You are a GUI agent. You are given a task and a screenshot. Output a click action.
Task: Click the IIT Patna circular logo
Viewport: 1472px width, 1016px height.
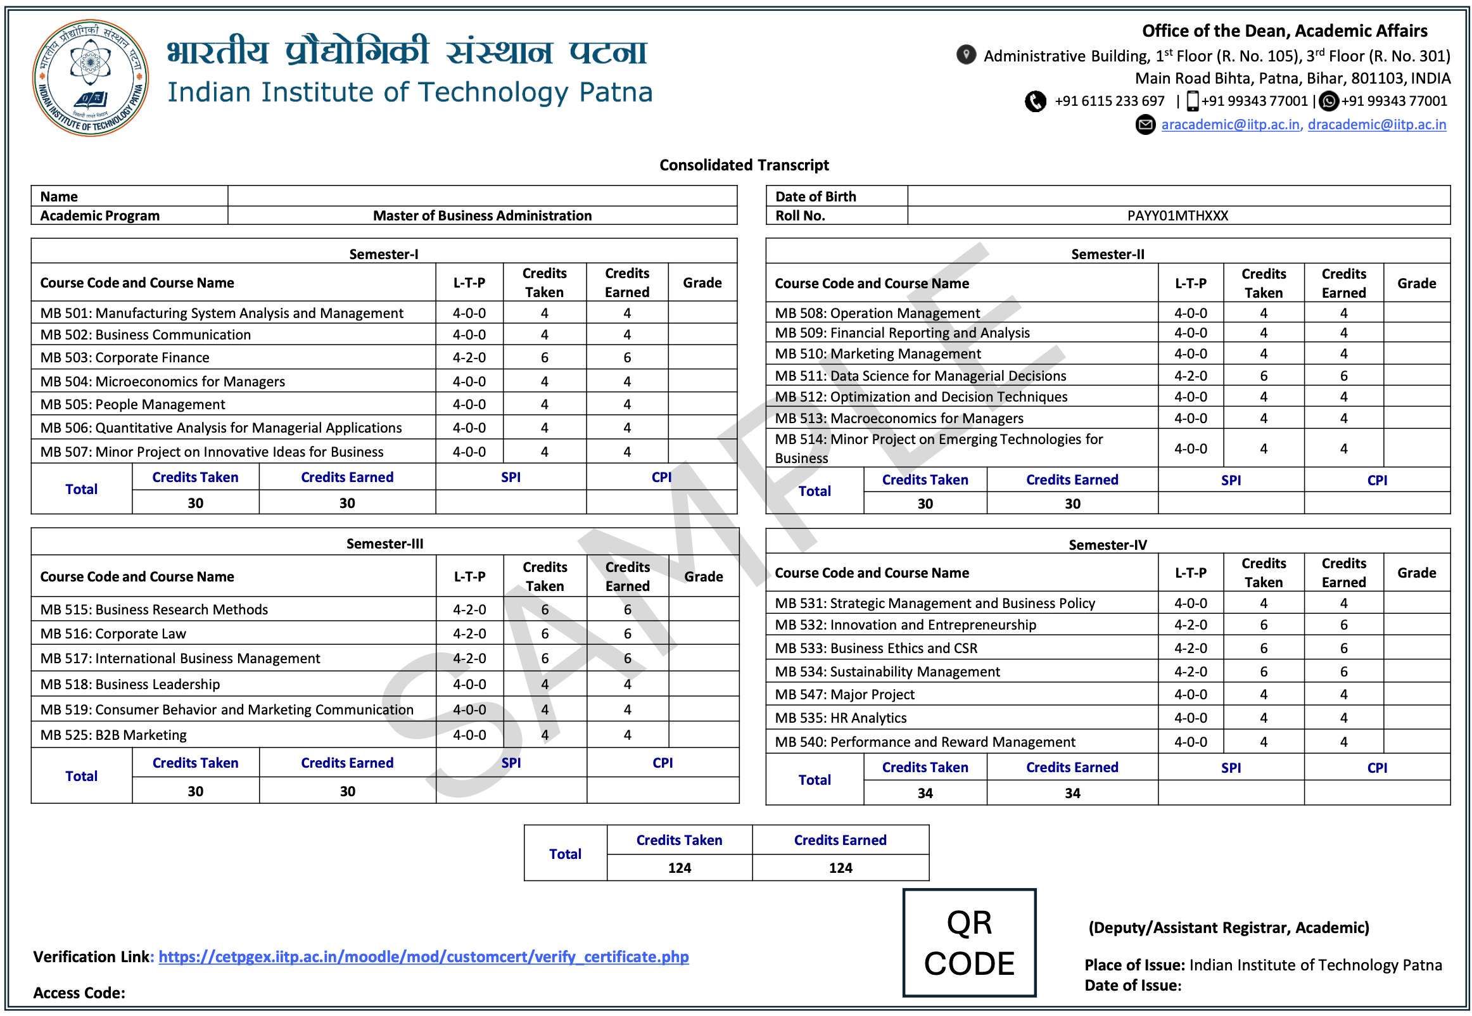91,78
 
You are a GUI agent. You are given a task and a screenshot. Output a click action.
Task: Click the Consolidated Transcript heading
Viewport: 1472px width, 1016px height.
744,165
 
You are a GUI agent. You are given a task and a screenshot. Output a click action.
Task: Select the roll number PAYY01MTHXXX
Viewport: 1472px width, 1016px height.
1177,215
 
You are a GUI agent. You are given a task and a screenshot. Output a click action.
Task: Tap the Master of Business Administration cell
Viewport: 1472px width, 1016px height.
482,215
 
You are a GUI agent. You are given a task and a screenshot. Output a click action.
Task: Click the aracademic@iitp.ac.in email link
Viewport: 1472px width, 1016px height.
1229,124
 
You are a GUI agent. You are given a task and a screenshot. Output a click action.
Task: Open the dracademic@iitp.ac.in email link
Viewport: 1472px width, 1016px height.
1376,124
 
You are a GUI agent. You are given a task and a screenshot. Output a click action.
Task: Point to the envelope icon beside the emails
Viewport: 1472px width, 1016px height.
1145,124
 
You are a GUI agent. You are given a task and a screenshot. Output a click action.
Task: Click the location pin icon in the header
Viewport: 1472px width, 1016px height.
965,55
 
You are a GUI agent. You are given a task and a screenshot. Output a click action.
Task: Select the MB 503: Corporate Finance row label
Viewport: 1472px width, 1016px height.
125,357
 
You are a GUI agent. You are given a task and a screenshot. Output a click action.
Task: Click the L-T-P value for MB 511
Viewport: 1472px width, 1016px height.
1190,376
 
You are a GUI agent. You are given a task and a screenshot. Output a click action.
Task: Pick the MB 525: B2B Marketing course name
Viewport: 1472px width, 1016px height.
113,735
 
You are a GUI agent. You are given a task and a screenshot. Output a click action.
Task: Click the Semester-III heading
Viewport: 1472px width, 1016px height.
384,543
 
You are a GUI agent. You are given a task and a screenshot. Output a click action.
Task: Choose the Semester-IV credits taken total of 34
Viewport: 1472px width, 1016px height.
924,792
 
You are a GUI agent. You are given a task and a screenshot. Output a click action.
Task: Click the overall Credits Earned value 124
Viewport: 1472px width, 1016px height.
840,867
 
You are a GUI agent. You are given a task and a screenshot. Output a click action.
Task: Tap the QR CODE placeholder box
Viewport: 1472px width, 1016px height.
968,942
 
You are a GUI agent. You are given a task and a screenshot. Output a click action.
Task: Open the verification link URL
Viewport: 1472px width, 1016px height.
423,956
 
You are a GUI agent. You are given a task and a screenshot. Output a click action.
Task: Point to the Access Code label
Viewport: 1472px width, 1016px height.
79,993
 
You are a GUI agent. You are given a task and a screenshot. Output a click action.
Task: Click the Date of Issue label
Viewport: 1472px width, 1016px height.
1132,985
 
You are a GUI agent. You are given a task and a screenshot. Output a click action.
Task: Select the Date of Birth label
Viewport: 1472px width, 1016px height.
815,196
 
